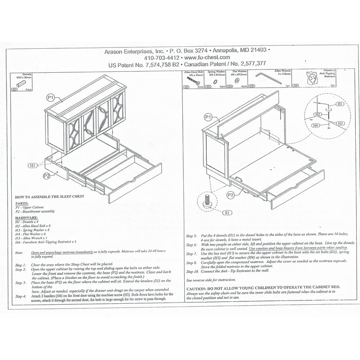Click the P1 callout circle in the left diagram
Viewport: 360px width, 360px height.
(x=51, y=97)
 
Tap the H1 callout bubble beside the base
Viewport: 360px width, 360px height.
(x=32, y=165)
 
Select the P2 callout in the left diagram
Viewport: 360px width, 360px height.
(x=47, y=176)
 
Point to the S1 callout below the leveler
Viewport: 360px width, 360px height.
(x=227, y=212)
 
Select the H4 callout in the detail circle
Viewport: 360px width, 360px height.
(x=316, y=126)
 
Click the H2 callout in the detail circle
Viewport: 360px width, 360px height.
(x=317, y=114)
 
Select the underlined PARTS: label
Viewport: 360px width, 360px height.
(x=22, y=204)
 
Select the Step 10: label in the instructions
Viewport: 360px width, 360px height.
(x=192, y=271)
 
